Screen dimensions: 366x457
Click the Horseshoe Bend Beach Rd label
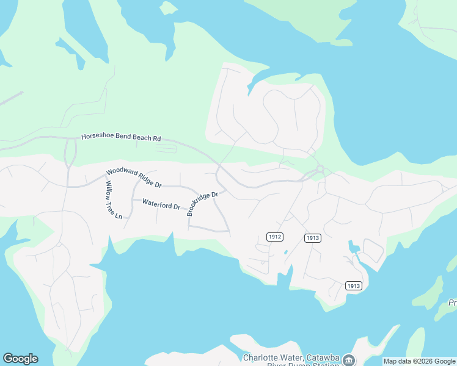[x=121, y=137]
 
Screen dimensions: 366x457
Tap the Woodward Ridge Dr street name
[x=134, y=178]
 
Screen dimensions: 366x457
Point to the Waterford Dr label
[x=161, y=204]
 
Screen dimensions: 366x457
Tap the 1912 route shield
[x=274, y=236]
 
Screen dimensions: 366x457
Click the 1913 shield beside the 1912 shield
[x=312, y=237]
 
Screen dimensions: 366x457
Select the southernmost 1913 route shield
[x=354, y=285]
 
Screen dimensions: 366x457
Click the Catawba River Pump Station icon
[x=348, y=359]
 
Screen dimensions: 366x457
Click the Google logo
[x=20, y=359]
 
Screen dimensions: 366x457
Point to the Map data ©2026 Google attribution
[x=419, y=361]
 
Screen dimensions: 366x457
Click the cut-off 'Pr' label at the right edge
[x=452, y=303]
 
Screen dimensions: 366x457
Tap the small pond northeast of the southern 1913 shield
[x=354, y=248]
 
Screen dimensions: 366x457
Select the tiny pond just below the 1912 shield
[x=285, y=251]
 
